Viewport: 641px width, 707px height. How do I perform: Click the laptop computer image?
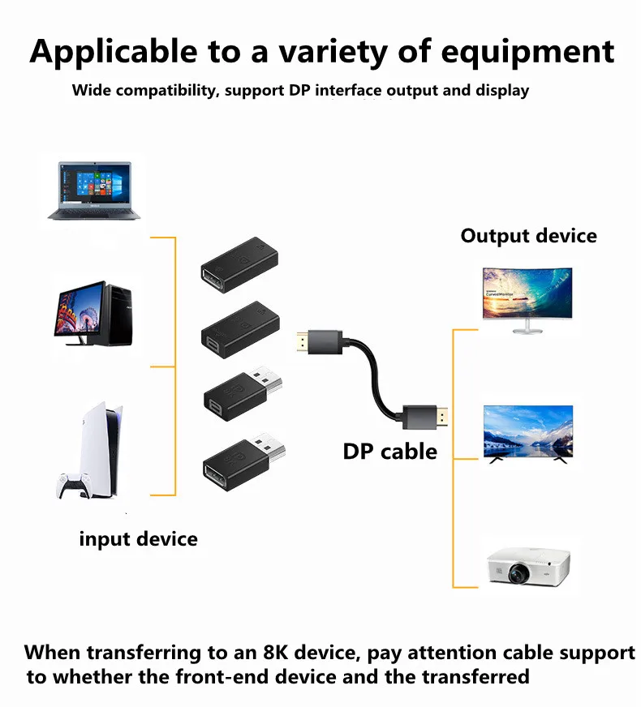94,191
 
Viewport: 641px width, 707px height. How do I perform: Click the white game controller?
75,485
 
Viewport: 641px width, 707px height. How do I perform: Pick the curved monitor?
527,297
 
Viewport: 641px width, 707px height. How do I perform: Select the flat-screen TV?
527,434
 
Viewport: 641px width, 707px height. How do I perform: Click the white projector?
527,568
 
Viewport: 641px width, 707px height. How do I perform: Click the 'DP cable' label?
389,452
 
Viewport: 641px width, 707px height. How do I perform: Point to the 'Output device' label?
528,236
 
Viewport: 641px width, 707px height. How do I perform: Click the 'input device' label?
138,538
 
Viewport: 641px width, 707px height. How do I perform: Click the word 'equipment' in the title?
528,52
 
